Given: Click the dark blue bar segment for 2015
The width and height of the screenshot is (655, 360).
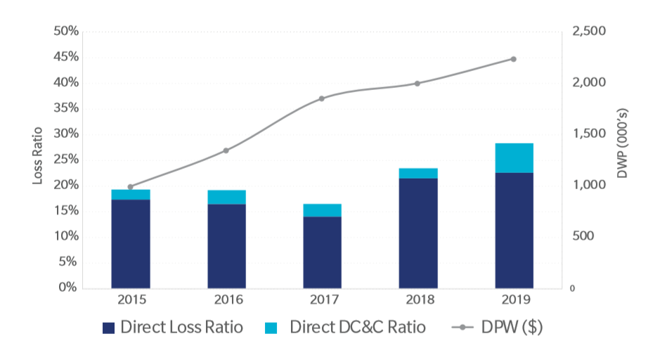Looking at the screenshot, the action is [131, 244].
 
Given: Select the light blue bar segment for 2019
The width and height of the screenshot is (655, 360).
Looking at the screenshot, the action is [514, 158].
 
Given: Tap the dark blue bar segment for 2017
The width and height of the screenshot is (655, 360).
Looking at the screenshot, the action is [322, 252].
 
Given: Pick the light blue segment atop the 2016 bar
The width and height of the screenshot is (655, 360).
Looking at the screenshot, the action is [227, 198].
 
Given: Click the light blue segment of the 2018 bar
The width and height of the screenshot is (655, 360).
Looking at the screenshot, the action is [418, 174].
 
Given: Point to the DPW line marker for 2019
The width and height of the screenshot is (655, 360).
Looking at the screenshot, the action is [514, 59].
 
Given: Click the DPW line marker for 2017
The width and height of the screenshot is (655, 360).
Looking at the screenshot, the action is [322, 98].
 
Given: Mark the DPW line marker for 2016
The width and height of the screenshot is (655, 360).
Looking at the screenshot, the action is [226, 150].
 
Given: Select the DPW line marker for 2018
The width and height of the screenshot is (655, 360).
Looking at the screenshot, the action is [417, 84].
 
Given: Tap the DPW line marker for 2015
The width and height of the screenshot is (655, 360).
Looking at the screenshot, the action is [130, 187].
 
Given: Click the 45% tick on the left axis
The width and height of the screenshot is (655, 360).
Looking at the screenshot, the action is [66, 56].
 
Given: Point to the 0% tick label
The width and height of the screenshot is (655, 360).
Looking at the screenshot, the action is [67, 288].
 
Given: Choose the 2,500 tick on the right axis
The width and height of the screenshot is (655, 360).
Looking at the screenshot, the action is [589, 31].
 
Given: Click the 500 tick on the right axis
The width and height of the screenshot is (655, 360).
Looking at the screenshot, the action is [583, 236].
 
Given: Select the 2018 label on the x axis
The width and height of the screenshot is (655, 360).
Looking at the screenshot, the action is [420, 300].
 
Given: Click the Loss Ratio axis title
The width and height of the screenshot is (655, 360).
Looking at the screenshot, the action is [37, 155].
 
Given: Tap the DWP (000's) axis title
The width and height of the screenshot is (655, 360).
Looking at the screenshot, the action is [623, 143].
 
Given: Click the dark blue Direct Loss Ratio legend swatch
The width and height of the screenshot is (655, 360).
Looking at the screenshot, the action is [109, 328].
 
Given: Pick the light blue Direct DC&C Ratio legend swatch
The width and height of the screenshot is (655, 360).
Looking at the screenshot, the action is [271, 328].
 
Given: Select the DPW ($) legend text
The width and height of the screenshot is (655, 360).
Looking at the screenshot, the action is [512, 328].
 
